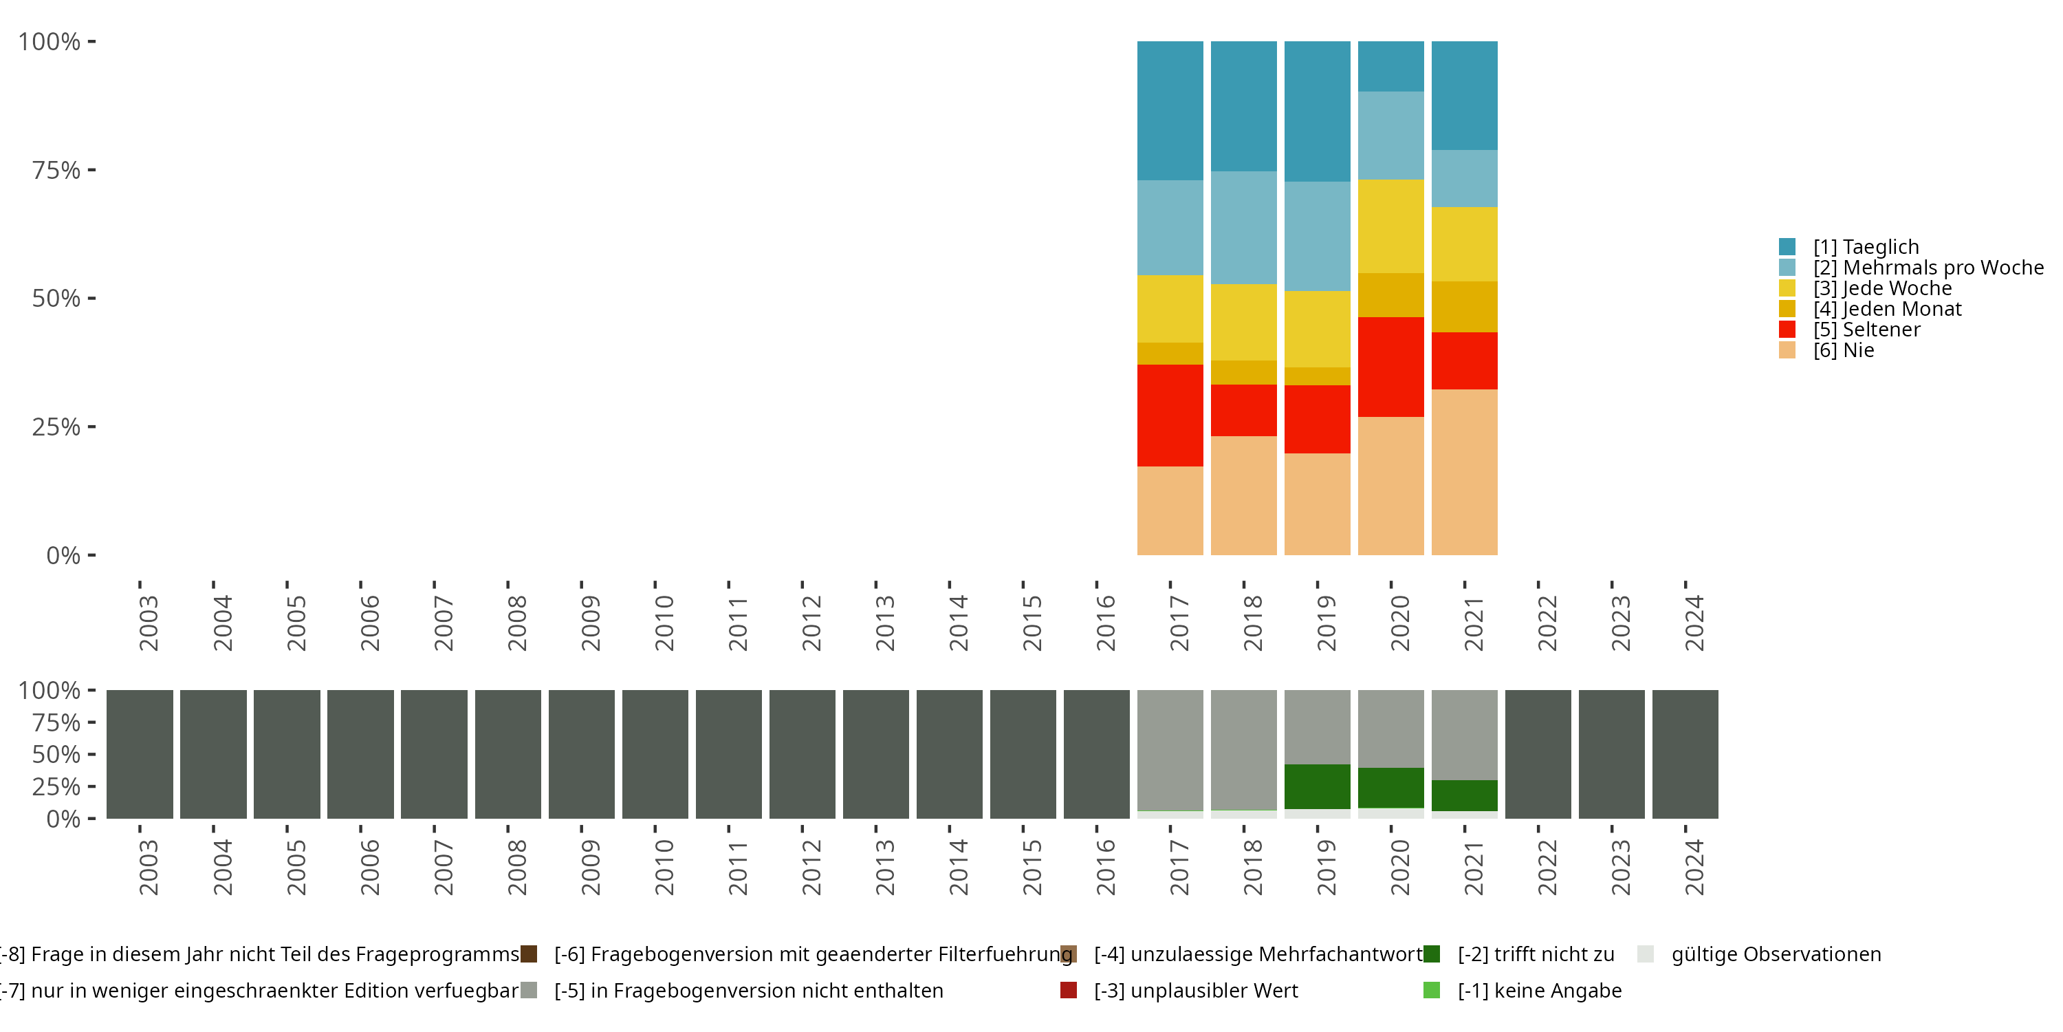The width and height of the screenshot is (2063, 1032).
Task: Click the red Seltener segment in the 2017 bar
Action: click(x=1170, y=415)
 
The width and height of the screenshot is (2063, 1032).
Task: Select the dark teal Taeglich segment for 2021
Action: click(x=1464, y=96)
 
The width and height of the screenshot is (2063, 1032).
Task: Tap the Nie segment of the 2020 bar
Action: click(x=1391, y=486)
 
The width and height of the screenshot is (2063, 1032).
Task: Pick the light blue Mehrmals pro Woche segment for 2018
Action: click(x=1244, y=228)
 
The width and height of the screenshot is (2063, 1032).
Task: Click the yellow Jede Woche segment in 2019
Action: click(x=1318, y=330)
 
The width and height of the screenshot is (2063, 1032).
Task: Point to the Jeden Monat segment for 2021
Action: click(x=1464, y=307)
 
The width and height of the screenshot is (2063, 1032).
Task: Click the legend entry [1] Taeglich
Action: click(x=1849, y=247)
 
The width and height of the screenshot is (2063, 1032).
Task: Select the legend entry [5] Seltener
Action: click(x=1849, y=330)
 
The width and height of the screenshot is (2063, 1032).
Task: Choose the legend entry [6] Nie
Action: click(x=1826, y=350)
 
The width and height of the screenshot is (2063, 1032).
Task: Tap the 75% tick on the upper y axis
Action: click(x=91, y=170)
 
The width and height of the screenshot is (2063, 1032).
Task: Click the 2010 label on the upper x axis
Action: click(x=664, y=623)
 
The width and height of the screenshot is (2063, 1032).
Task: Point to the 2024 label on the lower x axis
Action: click(x=1694, y=867)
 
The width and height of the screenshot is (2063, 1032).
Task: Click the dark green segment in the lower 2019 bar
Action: click(x=1318, y=787)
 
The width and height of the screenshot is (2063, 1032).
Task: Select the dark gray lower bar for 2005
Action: click(x=287, y=754)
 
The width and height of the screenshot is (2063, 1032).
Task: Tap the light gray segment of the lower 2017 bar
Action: click(x=1170, y=751)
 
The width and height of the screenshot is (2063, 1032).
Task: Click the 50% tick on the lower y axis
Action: click(x=91, y=754)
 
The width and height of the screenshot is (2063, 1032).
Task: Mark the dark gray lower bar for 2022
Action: click(x=1538, y=754)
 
